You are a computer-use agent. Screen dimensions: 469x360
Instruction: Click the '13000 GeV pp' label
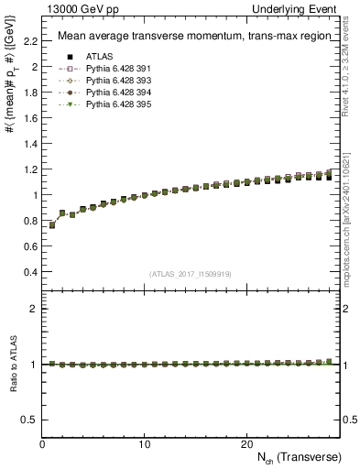tap(76, 8)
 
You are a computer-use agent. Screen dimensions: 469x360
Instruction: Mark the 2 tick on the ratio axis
tap(36, 309)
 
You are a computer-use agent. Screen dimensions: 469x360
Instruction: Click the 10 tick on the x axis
tap(145, 444)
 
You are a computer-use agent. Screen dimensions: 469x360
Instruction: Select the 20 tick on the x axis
tap(246, 444)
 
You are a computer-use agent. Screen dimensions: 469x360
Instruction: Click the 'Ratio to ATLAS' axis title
tap(12, 363)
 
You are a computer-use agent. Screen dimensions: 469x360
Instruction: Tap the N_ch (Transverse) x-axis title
tap(298, 457)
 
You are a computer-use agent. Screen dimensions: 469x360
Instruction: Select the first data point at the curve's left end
tap(52, 224)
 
